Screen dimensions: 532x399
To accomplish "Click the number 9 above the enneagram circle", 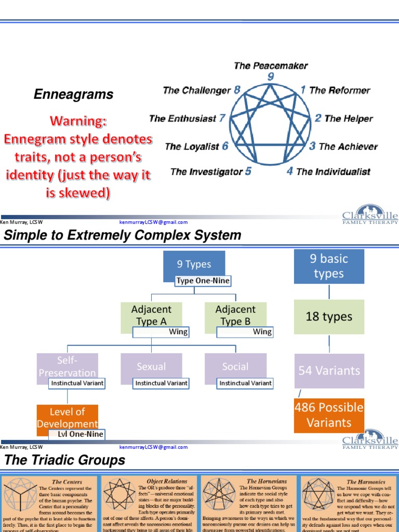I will [x=270, y=77].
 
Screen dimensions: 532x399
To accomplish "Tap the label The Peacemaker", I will [x=271, y=65].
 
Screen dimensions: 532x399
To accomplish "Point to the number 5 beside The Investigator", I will [x=248, y=171].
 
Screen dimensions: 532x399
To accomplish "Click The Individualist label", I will [x=333, y=171].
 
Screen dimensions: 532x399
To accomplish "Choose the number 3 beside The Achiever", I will [x=312, y=146].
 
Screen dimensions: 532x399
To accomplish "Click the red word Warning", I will [x=78, y=122].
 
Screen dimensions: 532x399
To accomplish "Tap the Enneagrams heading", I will [x=73, y=95].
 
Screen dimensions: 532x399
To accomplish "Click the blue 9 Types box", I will [x=194, y=264].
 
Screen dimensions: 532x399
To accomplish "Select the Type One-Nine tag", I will [x=203, y=281].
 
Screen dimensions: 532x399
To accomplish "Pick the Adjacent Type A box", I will [x=151, y=314].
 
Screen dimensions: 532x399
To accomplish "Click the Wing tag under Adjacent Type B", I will [x=262, y=331].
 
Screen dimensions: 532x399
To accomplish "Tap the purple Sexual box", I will [x=151, y=366].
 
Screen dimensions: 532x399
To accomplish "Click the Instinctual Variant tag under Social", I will [x=245, y=383].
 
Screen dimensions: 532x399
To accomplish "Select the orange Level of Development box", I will [x=67, y=417].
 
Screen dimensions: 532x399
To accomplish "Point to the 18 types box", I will [x=329, y=316].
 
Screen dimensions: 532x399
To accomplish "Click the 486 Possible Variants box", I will [x=329, y=415].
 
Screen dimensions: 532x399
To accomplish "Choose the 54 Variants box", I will [x=329, y=370].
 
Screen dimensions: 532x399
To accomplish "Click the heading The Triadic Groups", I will [x=64, y=460].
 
